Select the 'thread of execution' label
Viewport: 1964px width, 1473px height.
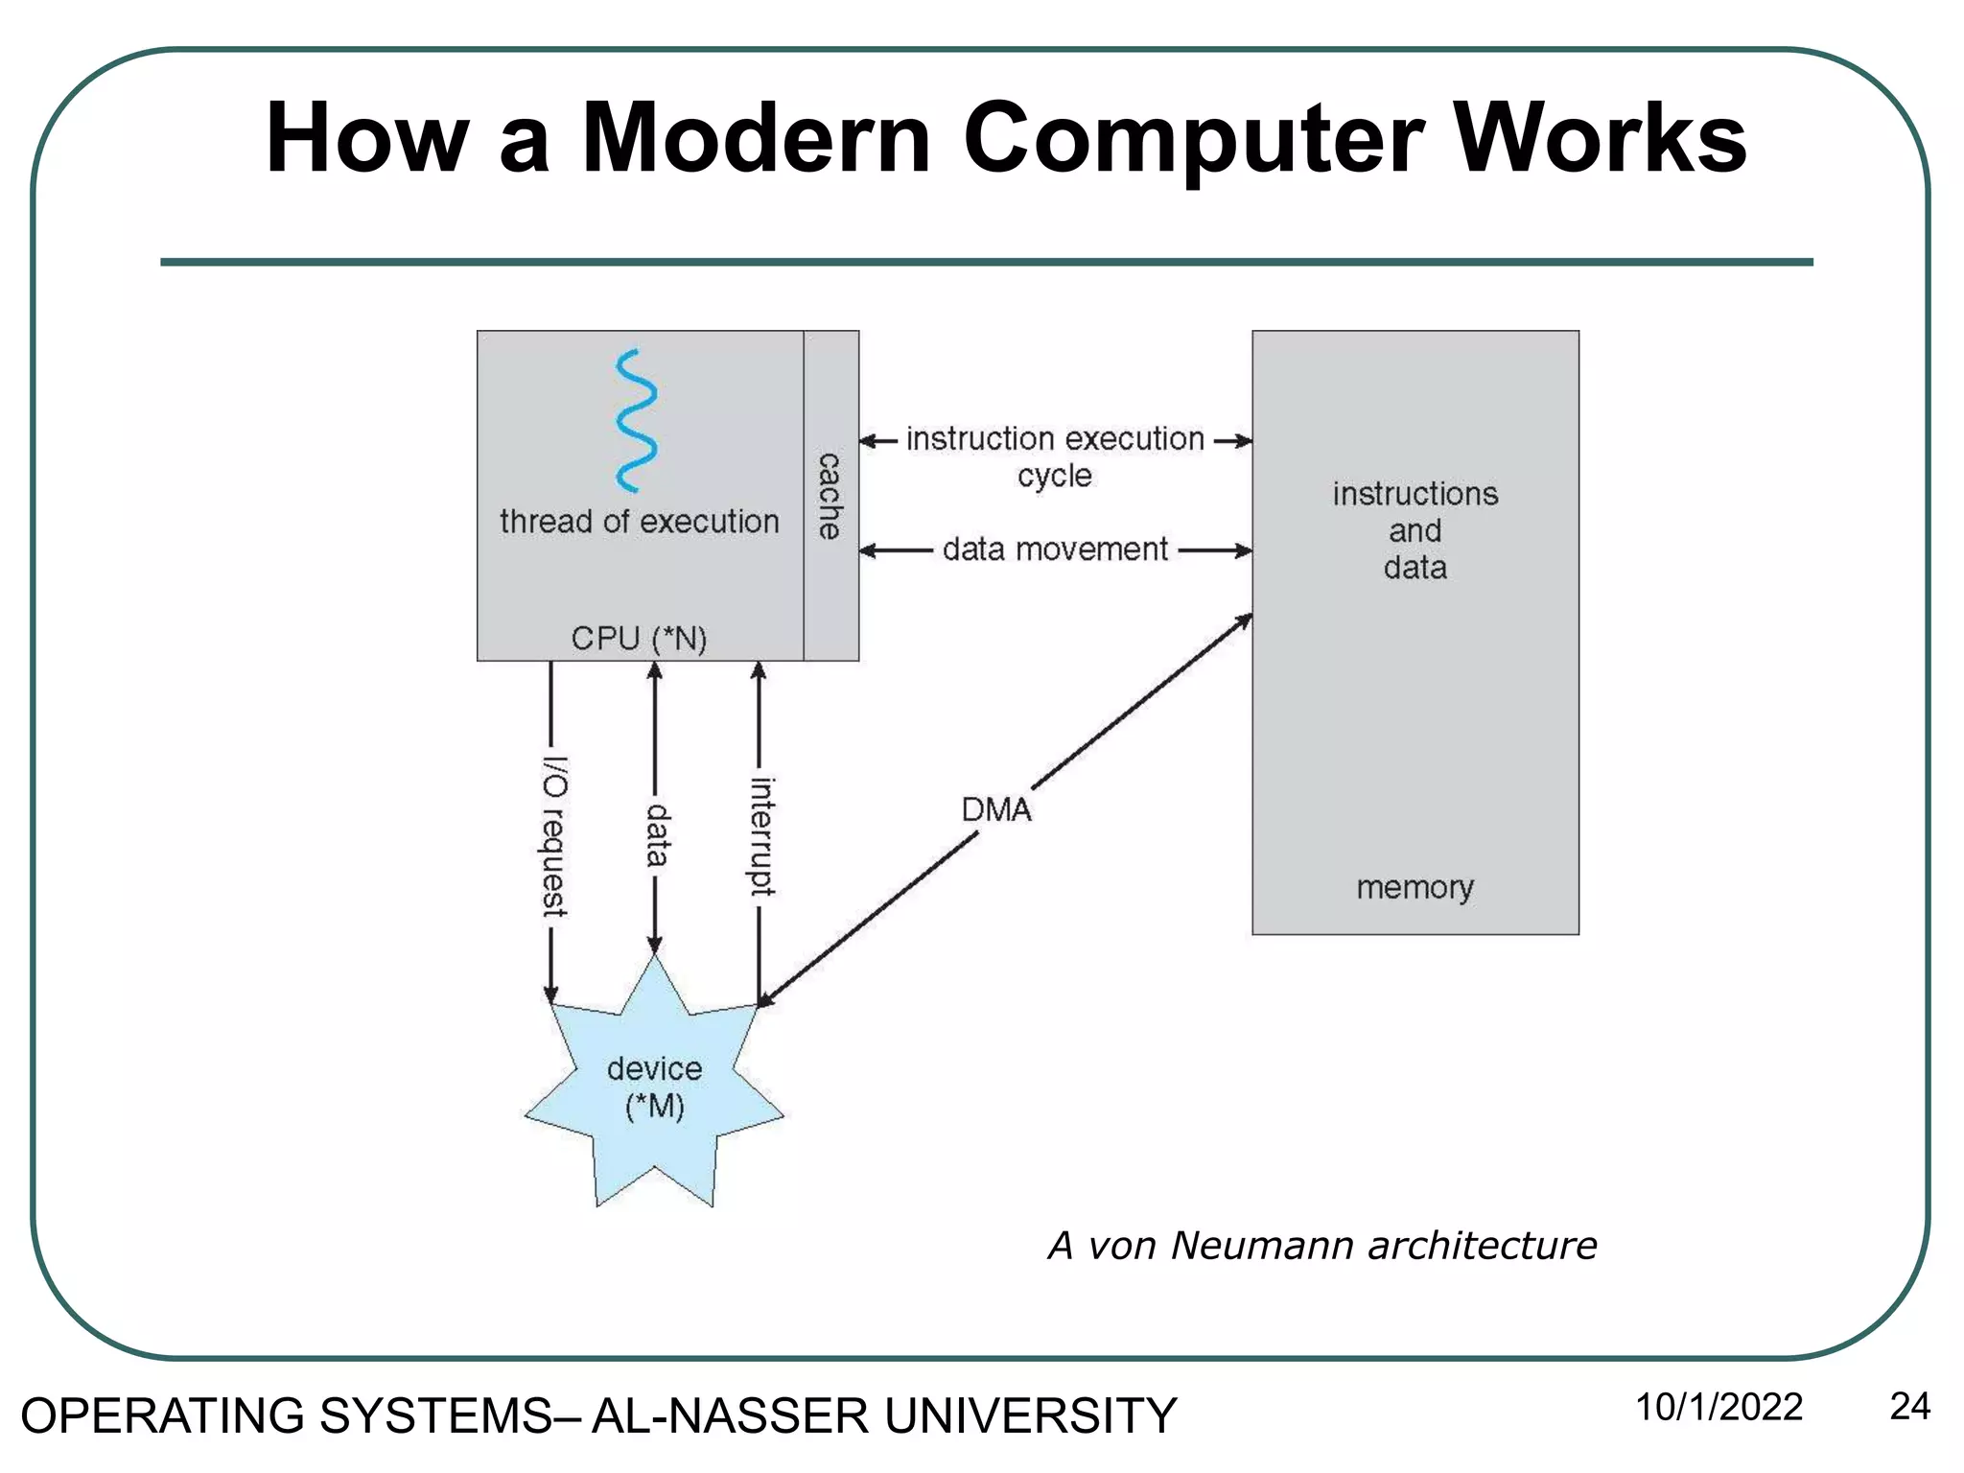point(639,522)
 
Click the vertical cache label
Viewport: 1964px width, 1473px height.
point(830,496)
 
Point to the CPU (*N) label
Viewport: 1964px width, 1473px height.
point(639,638)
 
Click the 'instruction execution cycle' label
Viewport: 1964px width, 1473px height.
point(1055,456)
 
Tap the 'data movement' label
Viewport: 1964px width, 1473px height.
point(1055,549)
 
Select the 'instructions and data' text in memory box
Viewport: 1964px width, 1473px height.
point(1415,530)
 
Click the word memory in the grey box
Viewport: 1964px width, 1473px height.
point(1415,887)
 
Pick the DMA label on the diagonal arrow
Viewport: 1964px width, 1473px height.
point(996,810)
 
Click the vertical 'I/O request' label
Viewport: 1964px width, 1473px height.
point(554,836)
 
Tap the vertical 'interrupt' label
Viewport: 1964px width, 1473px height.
point(761,836)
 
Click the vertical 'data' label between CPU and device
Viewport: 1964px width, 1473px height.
point(657,834)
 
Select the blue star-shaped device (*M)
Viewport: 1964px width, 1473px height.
point(654,1088)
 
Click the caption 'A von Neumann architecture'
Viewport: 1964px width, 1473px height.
point(1322,1246)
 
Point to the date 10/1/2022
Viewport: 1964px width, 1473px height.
point(1718,1408)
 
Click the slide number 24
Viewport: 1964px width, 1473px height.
point(1908,1407)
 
